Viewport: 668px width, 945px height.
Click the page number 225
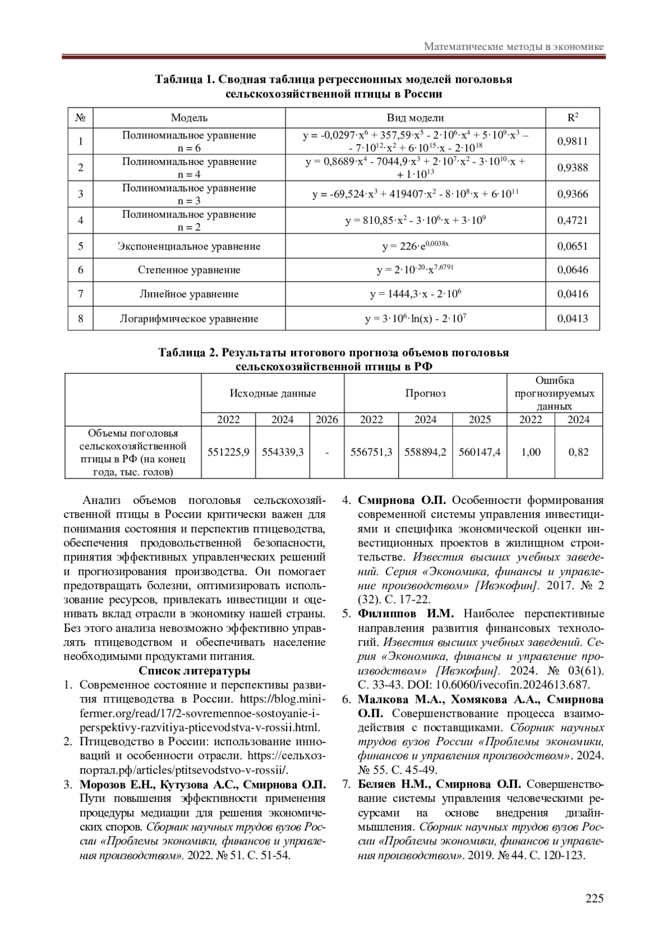[x=594, y=898]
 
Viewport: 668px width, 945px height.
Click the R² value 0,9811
[x=572, y=141]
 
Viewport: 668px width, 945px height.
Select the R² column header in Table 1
[x=572, y=117]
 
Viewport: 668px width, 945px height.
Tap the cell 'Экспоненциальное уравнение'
[x=189, y=246]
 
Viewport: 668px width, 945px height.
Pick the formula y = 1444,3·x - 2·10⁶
[x=415, y=294]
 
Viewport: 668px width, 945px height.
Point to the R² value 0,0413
[x=572, y=319]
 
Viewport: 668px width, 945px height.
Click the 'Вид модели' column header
[x=415, y=117]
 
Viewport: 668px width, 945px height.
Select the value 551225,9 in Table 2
[x=228, y=452]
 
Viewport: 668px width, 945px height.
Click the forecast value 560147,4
[x=479, y=452]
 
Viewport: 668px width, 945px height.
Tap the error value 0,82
[x=578, y=452]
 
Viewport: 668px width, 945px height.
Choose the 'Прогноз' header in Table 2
[x=425, y=393]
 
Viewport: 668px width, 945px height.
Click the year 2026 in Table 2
[x=327, y=420]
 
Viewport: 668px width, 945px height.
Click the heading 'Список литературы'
[x=194, y=670]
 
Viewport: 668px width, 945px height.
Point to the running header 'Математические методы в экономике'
[x=513, y=47]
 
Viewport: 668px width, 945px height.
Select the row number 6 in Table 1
[x=81, y=270]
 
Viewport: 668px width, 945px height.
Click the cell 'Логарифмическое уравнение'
[x=189, y=319]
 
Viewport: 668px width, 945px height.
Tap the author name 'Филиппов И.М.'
[x=406, y=614]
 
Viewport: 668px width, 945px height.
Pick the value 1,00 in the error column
[x=531, y=452]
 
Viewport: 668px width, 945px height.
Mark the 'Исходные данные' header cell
[x=273, y=393]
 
